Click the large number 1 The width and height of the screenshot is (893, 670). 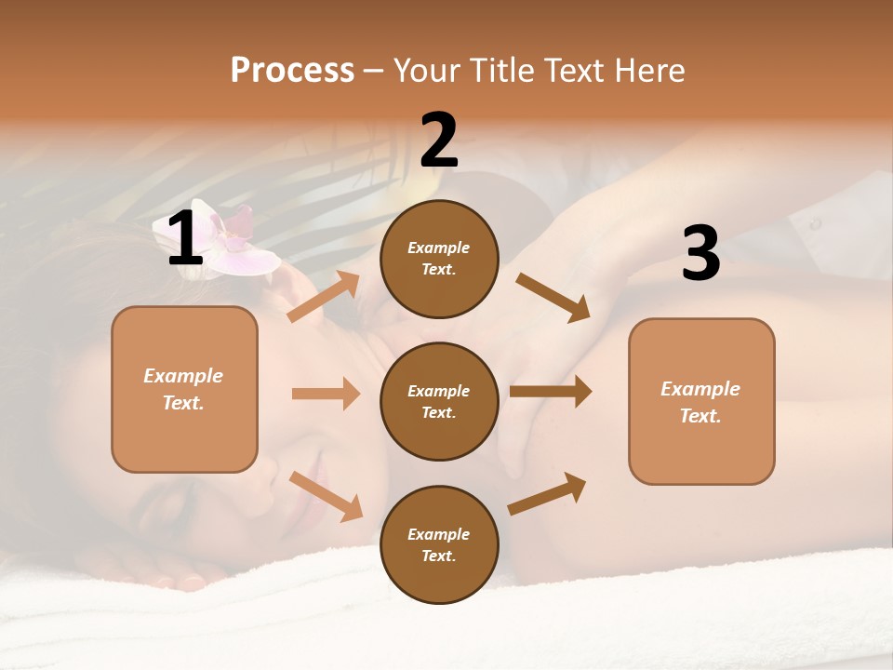click(x=184, y=239)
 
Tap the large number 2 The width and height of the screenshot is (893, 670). click(x=439, y=141)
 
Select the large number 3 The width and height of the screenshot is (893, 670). click(x=700, y=254)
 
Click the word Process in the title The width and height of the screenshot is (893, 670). click(x=292, y=70)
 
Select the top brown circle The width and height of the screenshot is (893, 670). click(x=439, y=259)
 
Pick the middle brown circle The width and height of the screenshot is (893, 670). click(x=439, y=401)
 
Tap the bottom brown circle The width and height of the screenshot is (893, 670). click(x=439, y=544)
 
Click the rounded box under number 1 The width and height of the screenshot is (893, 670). click(x=184, y=389)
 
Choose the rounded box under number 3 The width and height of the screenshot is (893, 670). click(x=700, y=401)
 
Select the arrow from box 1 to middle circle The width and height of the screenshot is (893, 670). click(x=326, y=394)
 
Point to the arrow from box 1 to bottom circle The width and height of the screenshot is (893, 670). click(x=327, y=496)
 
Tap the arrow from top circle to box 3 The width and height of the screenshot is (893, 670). click(x=553, y=297)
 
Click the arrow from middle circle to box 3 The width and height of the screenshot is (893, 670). click(x=551, y=392)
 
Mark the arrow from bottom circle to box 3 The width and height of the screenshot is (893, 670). click(x=548, y=493)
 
